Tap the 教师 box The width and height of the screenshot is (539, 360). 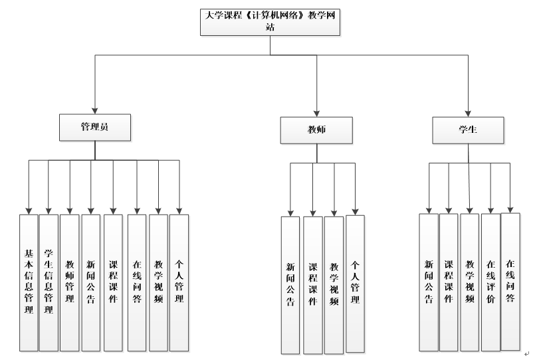coord(316,130)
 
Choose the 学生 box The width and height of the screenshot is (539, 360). coord(468,130)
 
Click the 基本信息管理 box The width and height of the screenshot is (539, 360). coord(29,282)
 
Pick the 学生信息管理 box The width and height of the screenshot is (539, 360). coord(49,282)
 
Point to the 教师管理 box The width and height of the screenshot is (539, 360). coord(70,282)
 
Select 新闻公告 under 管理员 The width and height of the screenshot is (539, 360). coord(91,282)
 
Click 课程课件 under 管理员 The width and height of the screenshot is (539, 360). coord(113,282)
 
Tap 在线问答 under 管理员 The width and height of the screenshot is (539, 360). coord(137,282)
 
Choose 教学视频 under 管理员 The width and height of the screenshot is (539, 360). coord(158,282)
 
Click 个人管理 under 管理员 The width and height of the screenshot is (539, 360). coord(179,282)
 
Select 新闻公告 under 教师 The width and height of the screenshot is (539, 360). coord(290,285)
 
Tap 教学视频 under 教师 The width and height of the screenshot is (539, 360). coord(334,285)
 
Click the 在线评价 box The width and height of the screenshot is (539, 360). coord(490,282)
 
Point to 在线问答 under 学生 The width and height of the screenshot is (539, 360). coord(510,280)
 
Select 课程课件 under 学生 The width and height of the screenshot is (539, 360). coord(449,282)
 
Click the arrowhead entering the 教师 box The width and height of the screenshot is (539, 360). coord(316,113)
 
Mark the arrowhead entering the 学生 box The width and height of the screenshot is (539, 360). coord(469,113)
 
